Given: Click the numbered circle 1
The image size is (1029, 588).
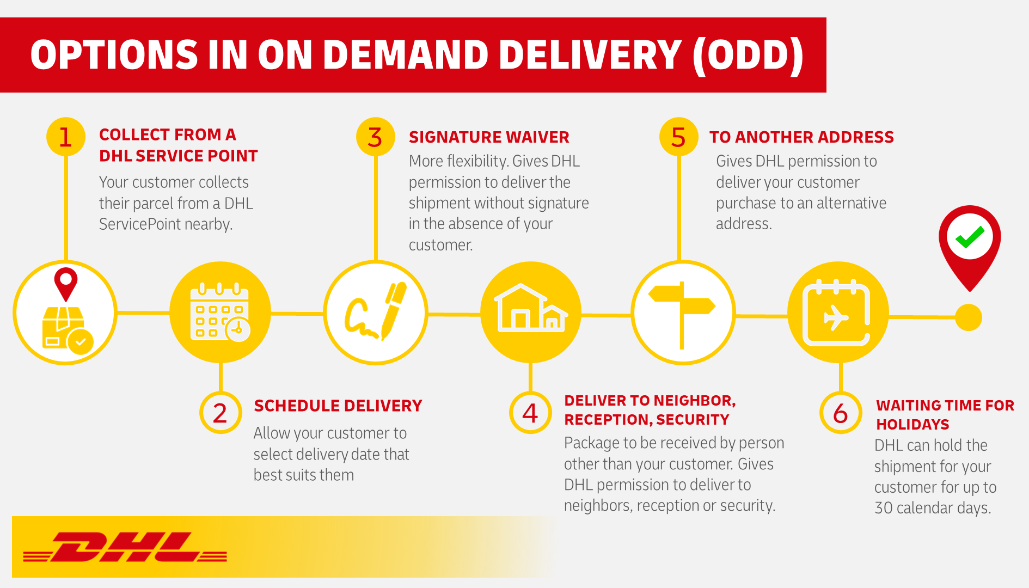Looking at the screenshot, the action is click(x=66, y=137).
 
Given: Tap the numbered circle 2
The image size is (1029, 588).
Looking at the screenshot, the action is click(x=220, y=413).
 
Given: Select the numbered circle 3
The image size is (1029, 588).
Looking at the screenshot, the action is click(x=375, y=137).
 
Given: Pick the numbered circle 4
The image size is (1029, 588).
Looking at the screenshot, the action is click(x=530, y=413).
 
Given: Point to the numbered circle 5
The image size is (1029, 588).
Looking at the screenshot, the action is click(x=678, y=137).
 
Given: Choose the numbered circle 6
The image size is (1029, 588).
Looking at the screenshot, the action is click(x=841, y=413).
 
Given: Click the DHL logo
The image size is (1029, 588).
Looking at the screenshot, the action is click(x=125, y=547).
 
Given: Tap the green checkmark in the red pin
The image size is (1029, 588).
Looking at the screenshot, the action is click(x=970, y=237).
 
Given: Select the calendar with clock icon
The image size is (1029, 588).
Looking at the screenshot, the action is click(x=220, y=313).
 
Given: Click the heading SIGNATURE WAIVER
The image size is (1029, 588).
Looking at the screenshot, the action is click(x=489, y=137).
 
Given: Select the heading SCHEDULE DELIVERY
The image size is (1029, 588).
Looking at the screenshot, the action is click(x=338, y=406).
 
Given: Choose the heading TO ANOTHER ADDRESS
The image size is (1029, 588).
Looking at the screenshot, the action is click(x=801, y=137).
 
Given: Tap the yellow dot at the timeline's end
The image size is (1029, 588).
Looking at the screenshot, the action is click(x=969, y=317).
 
